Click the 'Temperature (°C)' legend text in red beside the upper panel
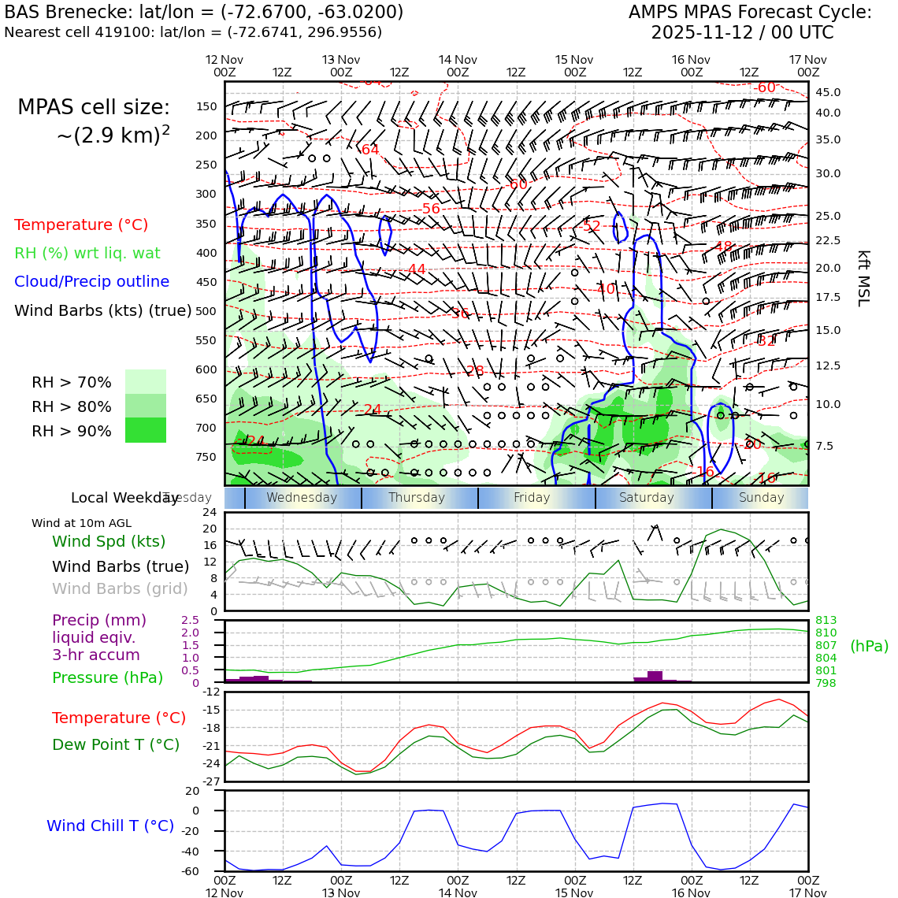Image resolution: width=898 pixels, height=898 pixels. (x=81, y=224)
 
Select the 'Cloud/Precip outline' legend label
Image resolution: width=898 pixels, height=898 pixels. (x=91, y=281)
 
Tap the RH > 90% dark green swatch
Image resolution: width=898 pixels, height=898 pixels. (x=146, y=430)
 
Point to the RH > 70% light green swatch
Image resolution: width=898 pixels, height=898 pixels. (x=146, y=381)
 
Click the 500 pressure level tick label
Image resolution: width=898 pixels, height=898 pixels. (x=206, y=311)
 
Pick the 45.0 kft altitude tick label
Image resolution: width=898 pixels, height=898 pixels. (x=827, y=92)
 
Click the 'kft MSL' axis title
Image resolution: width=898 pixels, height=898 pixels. (x=863, y=278)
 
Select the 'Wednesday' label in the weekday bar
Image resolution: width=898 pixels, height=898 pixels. (x=302, y=498)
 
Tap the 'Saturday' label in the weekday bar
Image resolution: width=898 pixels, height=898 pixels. (x=647, y=498)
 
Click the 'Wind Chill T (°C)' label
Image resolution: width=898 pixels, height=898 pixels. (x=110, y=826)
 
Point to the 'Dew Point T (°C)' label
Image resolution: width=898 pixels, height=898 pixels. (x=116, y=744)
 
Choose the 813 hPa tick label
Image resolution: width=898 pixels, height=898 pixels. (x=826, y=620)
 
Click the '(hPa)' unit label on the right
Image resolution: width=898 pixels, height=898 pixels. (x=869, y=646)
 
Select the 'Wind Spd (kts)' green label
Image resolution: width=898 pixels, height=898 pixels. (x=109, y=541)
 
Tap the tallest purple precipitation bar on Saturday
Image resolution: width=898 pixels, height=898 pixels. (x=655, y=676)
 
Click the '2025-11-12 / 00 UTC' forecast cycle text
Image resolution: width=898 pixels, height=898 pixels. (x=741, y=33)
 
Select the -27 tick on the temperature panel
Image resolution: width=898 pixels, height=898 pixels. (x=212, y=781)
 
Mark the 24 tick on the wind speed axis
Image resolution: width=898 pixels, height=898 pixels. (x=210, y=512)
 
